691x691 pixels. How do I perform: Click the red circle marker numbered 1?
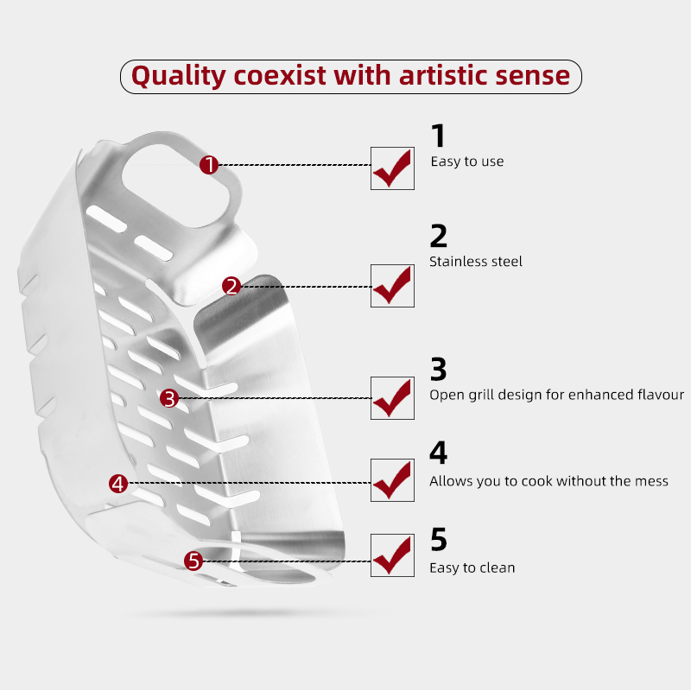click(209, 165)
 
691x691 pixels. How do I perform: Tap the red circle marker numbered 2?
click(231, 287)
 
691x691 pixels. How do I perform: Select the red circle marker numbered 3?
click(169, 398)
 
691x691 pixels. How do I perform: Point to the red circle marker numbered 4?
click(118, 484)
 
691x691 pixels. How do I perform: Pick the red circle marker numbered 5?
click(193, 561)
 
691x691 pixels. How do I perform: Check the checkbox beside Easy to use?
click(392, 168)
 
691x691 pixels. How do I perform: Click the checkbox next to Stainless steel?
click(392, 286)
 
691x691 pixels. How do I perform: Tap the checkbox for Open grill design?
click(392, 398)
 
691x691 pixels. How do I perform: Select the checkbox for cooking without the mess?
click(392, 480)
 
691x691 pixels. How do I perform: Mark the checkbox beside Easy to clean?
click(392, 555)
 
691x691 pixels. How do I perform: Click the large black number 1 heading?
click(439, 136)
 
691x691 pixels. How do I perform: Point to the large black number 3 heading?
click(439, 370)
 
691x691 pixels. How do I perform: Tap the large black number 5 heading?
click(439, 539)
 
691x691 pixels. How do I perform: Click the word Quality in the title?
click(179, 76)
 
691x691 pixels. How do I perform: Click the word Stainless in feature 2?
click(455, 262)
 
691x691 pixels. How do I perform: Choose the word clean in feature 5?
click(498, 567)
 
